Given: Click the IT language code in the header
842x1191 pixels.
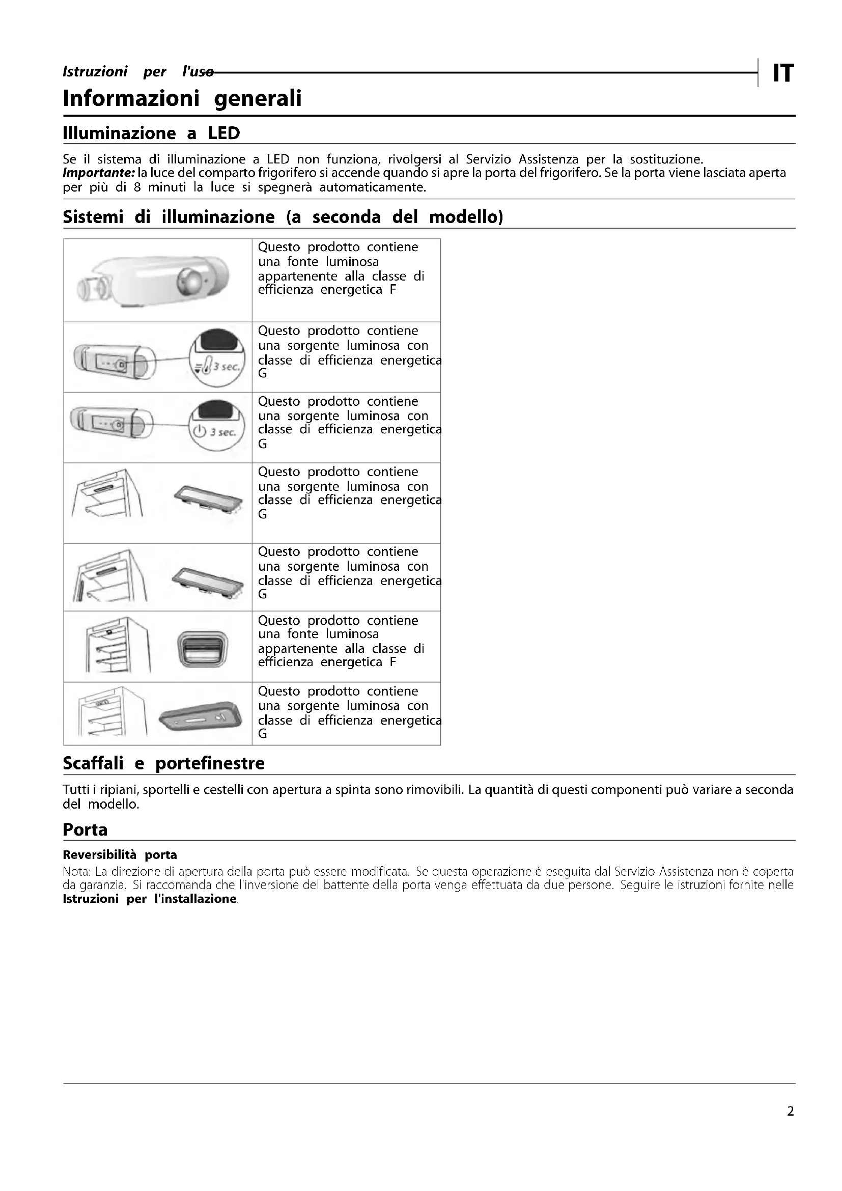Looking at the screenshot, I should (783, 73).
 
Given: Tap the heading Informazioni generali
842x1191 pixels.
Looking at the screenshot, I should (182, 98).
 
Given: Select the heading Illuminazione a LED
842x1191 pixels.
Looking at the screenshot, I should (151, 133).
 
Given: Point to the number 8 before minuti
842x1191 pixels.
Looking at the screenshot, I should (137, 187).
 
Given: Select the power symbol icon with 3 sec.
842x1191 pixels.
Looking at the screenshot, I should (201, 432).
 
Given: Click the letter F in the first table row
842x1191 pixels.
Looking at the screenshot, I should (393, 290).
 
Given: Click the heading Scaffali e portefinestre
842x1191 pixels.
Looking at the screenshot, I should (163, 763).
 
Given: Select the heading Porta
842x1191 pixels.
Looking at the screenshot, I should (85, 829).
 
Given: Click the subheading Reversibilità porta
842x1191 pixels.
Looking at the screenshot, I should (120, 854).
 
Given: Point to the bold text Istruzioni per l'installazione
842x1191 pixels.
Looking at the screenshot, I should (149, 899).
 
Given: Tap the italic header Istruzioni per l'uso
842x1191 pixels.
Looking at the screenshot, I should (137, 72).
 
